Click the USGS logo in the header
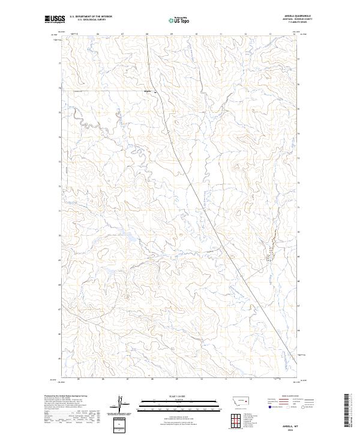point(55,19)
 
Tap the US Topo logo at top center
point(179,19)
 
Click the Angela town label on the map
point(148,91)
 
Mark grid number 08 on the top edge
point(147,34)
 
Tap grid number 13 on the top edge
point(271,34)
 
